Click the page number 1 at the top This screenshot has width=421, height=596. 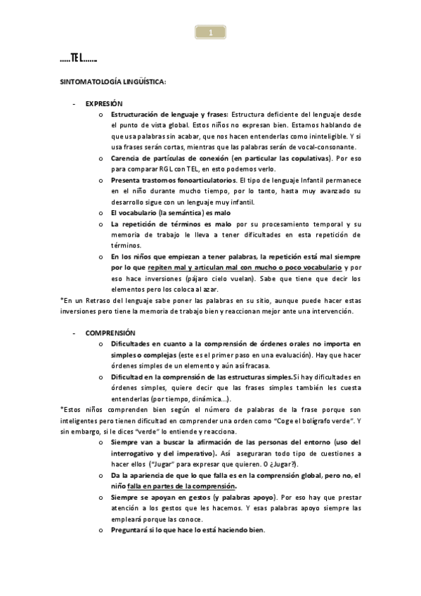pyautogui.click(x=210, y=32)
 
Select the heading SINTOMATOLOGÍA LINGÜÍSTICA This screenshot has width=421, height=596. pyautogui.click(x=112, y=82)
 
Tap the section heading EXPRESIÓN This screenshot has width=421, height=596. pyautogui.click(x=104, y=103)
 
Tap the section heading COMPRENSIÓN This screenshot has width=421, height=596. pyautogui.click(x=110, y=332)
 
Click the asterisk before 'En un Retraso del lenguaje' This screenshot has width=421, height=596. pyautogui.click(x=62, y=300)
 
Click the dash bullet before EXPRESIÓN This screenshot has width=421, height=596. pyautogui.click(x=74, y=103)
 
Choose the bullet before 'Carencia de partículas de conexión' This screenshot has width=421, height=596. pyautogui.click(x=101, y=158)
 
